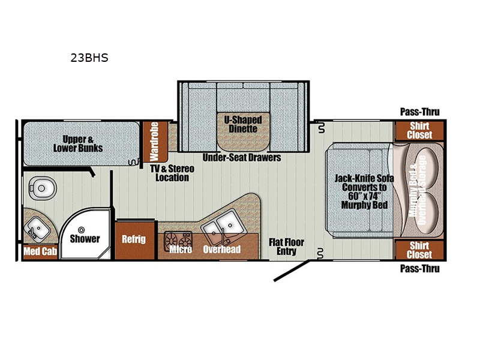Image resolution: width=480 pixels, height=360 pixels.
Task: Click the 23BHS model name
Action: coord(89,58)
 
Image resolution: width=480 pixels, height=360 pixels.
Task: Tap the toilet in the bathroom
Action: coord(42,188)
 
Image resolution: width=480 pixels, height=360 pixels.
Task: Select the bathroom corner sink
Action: coord(37,228)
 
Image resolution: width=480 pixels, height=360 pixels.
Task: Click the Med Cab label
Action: coord(40,251)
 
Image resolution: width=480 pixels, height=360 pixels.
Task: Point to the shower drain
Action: coord(81,230)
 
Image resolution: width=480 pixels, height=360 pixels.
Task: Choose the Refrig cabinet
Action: coord(134,239)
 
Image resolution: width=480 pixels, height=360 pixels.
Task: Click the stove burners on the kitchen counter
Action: coord(178,239)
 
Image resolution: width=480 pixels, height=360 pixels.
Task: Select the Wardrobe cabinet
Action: coord(154,142)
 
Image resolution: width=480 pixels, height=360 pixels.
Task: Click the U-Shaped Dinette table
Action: coord(244,131)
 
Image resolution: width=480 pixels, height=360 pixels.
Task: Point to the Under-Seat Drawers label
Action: coord(242,157)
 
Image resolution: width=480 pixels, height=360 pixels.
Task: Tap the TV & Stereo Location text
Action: coord(172,173)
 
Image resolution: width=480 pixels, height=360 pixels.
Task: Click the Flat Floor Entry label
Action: coord(287,247)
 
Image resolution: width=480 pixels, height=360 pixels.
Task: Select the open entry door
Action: coord(292,271)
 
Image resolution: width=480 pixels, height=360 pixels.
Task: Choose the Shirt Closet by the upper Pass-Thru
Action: coord(419,131)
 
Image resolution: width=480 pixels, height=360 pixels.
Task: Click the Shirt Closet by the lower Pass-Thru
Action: coord(419,250)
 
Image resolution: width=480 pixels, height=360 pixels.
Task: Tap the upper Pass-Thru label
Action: coord(419,112)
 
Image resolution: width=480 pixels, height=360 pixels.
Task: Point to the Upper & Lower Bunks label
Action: coord(78,143)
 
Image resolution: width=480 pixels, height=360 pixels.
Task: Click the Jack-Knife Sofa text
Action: coord(364,178)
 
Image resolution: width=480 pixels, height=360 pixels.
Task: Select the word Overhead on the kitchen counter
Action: coord(221,249)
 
